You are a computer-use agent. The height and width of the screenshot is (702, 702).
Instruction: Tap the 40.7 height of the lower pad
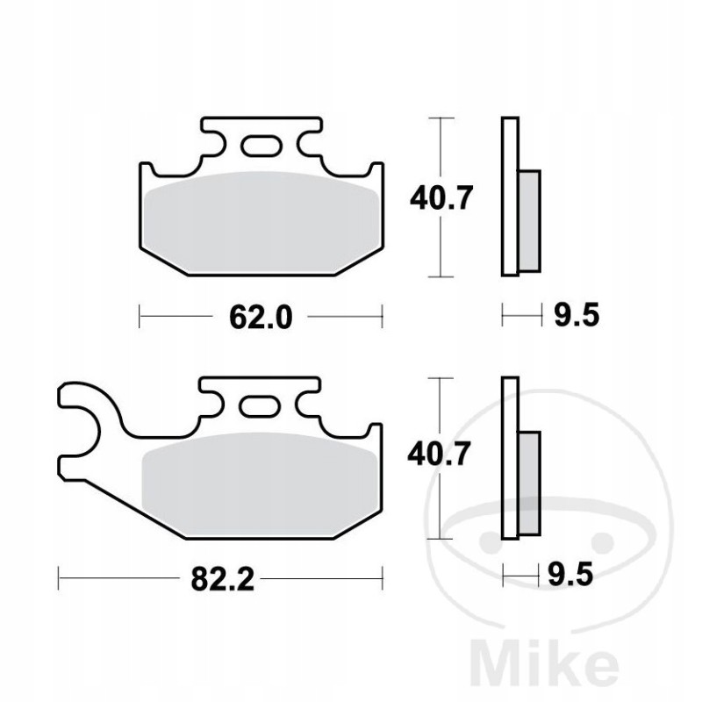(441, 455)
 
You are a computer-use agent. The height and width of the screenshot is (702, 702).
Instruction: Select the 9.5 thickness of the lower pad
(575, 576)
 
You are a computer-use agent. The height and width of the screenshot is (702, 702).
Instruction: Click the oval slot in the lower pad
(260, 405)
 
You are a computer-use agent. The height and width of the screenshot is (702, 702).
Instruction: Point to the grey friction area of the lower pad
(260, 483)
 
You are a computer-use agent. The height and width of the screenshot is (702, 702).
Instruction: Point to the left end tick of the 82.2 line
(59, 578)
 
